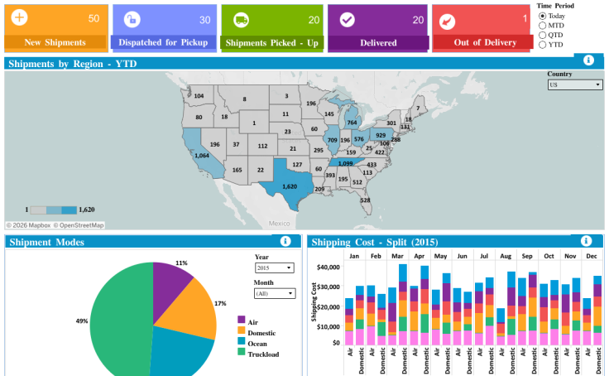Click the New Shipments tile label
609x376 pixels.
[55, 42]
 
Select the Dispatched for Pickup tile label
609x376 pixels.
[163, 42]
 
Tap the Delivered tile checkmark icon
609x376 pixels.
[348, 20]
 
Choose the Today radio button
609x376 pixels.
[543, 16]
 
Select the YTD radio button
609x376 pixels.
[543, 45]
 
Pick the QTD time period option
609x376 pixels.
[543, 35]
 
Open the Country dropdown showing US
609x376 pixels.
[574, 84]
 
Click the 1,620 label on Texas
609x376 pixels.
[290, 187]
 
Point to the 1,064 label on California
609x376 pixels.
[202, 156]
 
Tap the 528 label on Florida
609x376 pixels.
[364, 200]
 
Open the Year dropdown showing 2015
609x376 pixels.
[274, 268]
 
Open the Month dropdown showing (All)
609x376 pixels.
[274, 293]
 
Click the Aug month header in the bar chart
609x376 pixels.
[505, 256]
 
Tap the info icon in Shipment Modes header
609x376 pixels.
[285, 241]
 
